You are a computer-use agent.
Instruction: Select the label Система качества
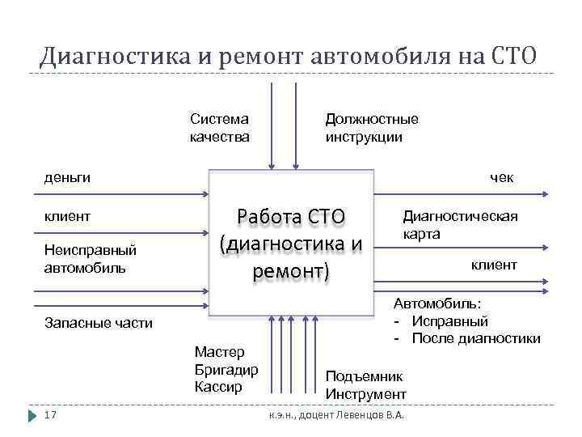(219, 128)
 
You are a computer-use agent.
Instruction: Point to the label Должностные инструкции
(371, 128)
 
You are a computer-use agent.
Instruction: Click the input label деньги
(66, 177)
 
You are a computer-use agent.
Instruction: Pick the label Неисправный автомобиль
(90, 259)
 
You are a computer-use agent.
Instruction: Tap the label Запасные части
(98, 323)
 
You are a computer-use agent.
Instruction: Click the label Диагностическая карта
(460, 225)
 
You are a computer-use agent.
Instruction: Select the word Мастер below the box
(220, 352)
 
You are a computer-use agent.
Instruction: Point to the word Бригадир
(226, 369)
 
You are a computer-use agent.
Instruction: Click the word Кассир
(217, 386)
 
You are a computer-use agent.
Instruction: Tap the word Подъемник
(363, 376)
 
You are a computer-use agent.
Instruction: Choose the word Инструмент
(365, 394)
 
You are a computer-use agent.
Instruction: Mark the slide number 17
(50, 415)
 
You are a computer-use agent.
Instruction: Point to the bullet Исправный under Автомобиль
(449, 321)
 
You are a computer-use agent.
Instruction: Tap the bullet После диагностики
(475, 338)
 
